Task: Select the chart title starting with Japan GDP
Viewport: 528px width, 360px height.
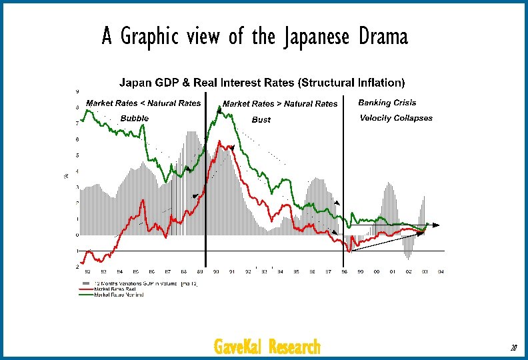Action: [x=262, y=83]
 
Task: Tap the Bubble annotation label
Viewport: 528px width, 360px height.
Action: [x=135, y=118]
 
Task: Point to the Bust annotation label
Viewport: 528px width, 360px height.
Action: [x=261, y=120]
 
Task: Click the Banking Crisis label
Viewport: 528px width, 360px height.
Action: [x=387, y=103]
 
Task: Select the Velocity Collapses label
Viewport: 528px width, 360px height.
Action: [x=396, y=118]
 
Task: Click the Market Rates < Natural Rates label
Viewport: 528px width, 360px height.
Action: [x=143, y=103]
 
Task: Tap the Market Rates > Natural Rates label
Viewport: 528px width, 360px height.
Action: [x=280, y=104]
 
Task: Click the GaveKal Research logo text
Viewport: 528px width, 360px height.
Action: [x=267, y=347]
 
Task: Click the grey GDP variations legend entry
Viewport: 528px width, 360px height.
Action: [x=140, y=284]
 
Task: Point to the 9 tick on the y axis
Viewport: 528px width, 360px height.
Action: [x=77, y=91]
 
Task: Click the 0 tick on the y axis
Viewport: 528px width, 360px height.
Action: [x=77, y=235]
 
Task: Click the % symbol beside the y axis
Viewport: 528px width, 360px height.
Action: [x=65, y=176]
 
